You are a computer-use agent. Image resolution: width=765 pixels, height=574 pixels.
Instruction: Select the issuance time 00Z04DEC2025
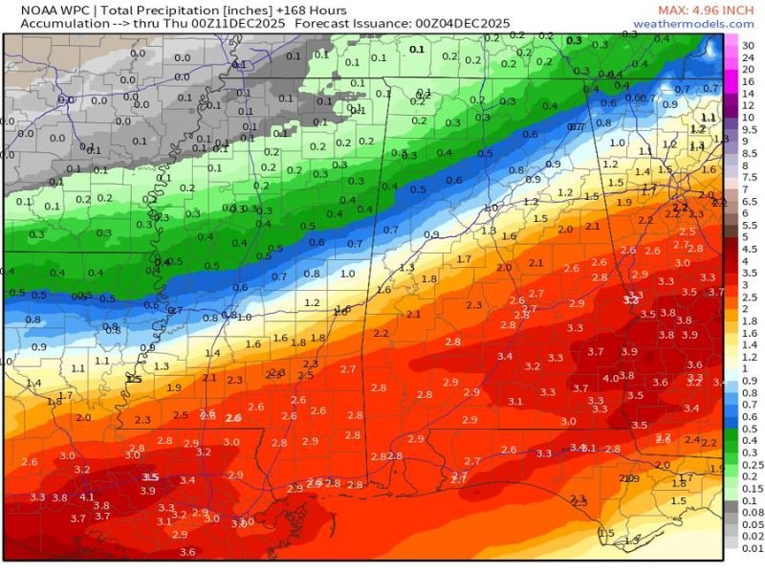(464, 23)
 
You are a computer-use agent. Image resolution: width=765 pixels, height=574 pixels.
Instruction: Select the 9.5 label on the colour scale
(747, 140)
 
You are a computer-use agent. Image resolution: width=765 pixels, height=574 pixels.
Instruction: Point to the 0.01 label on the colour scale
(749, 548)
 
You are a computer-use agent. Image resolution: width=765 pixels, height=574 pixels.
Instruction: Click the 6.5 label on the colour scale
(747, 201)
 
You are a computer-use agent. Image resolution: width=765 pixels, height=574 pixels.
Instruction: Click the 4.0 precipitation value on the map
(609, 378)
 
